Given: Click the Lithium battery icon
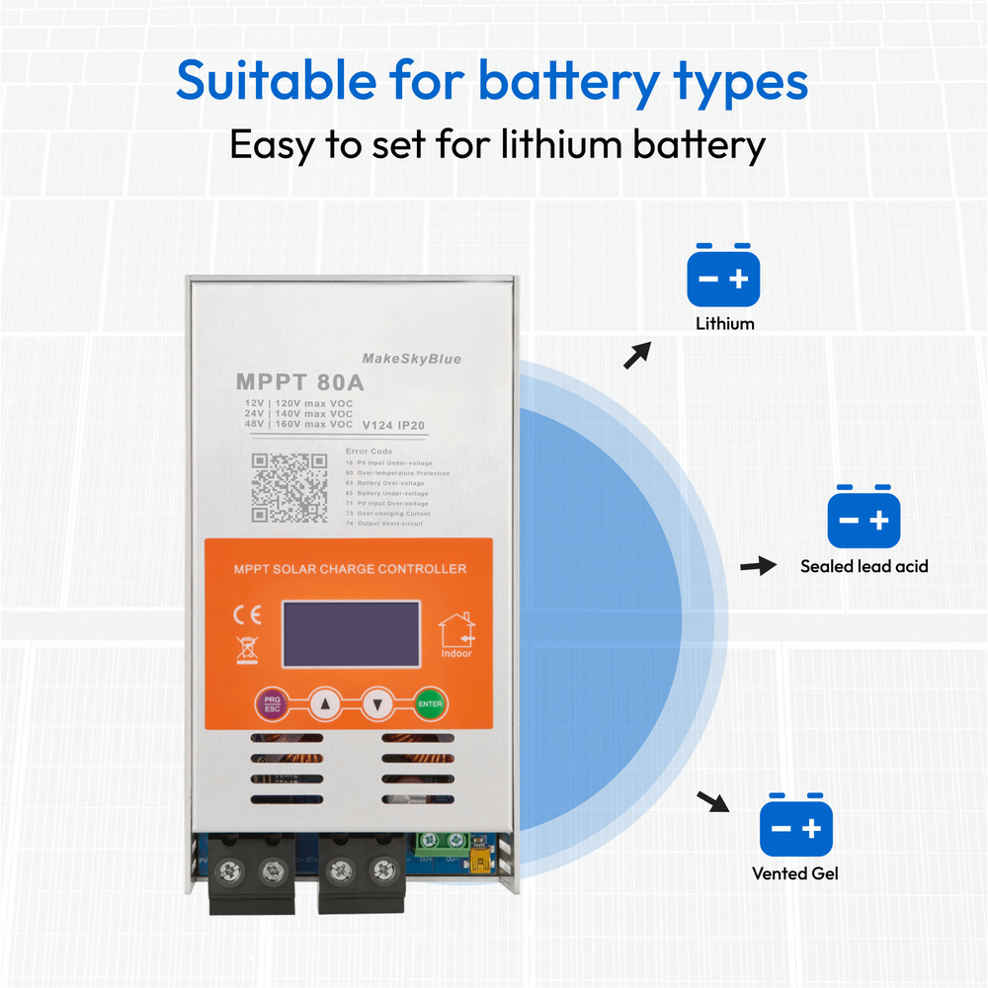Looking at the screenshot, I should click(x=724, y=277).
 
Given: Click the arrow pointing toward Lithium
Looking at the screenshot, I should click(x=638, y=355).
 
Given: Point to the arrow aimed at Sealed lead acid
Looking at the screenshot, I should click(x=757, y=566).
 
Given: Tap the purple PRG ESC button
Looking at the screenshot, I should click(x=272, y=704).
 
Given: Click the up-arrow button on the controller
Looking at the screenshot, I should click(x=324, y=704).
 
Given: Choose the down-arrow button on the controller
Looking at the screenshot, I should click(x=377, y=704).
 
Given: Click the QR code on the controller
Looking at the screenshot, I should click(x=288, y=487).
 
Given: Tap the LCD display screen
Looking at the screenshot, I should click(x=351, y=633).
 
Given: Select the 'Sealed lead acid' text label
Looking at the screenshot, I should click(x=864, y=566).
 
